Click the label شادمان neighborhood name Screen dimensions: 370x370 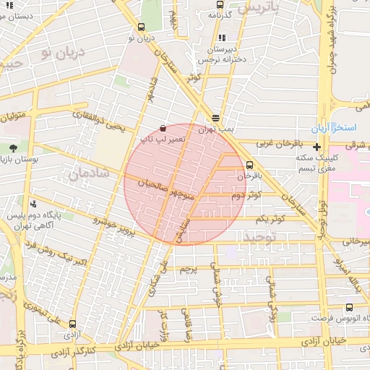90,174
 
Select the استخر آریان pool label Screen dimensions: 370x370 335,128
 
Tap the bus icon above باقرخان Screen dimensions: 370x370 249,165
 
